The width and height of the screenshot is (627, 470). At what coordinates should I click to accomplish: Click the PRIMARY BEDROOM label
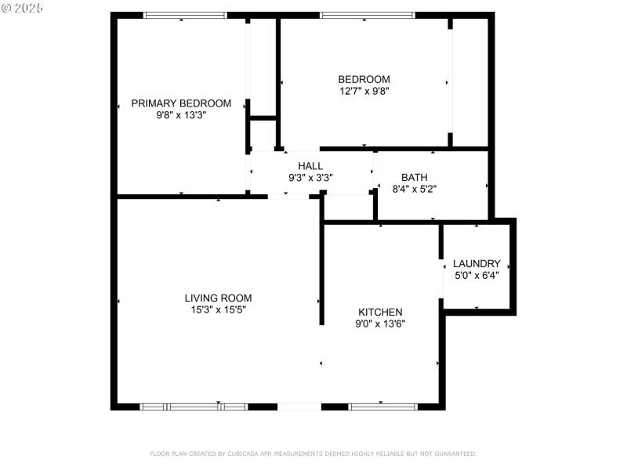(x=181, y=103)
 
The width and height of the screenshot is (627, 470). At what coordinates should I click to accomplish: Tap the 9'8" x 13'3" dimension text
(x=181, y=115)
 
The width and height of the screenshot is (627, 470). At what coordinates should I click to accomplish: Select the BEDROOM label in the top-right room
(x=364, y=79)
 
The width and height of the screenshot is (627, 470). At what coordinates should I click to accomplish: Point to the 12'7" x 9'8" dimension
(x=364, y=91)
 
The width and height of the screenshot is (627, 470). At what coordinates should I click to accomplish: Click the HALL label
(x=310, y=166)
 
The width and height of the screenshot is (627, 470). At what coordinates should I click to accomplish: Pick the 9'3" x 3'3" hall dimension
(x=310, y=178)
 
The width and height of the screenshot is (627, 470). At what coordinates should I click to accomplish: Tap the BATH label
(x=414, y=178)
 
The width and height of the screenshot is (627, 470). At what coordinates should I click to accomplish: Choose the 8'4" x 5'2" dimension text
(x=414, y=189)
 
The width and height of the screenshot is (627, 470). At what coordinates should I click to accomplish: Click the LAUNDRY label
(x=477, y=264)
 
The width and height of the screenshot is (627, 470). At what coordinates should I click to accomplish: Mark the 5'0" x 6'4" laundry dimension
(x=477, y=275)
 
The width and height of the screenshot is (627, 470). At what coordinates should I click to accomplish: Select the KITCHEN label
(x=380, y=312)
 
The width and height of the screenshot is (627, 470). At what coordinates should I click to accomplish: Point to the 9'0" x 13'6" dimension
(x=380, y=324)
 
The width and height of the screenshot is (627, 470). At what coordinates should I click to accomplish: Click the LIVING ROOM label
(x=218, y=298)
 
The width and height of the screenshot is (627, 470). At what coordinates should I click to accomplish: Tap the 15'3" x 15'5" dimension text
(x=218, y=309)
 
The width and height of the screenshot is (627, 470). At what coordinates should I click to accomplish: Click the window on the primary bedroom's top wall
(x=185, y=15)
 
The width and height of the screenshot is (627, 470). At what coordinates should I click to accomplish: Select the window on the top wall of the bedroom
(x=368, y=15)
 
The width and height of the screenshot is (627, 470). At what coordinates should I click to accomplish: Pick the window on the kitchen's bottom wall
(x=383, y=407)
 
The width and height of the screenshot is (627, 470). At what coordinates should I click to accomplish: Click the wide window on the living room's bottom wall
(x=194, y=407)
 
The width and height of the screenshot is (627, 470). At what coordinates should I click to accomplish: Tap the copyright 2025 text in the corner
(x=23, y=8)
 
